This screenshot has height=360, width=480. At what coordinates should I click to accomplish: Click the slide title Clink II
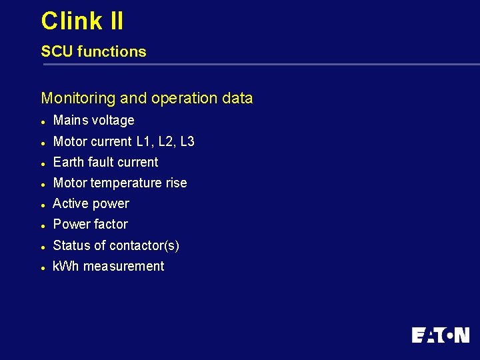click(82, 21)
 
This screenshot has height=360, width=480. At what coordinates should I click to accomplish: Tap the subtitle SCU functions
click(93, 51)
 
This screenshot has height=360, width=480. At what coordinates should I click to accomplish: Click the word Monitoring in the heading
click(79, 99)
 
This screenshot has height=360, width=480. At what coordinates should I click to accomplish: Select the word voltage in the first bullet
click(113, 121)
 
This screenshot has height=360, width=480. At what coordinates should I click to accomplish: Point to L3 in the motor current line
click(187, 141)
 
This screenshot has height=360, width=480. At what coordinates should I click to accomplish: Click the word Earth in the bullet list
click(68, 162)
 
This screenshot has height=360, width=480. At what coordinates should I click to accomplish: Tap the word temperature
click(127, 183)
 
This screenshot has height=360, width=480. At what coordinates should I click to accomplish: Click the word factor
click(111, 225)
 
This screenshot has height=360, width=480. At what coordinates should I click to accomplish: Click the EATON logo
click(440, 335)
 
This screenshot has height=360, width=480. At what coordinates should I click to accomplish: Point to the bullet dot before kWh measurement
click(43, 267)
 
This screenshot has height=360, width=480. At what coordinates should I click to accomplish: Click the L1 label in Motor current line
click(144, 141)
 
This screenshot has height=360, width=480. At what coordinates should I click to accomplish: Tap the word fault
click(99, 162)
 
